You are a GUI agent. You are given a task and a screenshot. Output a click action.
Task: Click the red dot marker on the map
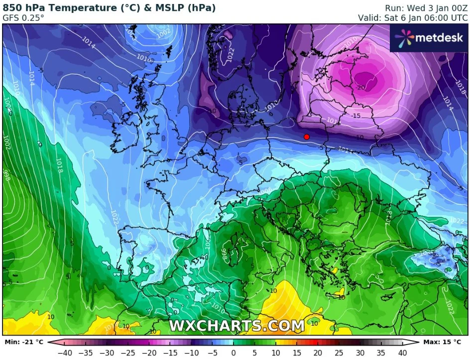pyautogui.click(x=307, y=136)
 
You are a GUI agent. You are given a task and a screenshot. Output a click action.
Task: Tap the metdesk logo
pyautogui.click(x=429, y=37)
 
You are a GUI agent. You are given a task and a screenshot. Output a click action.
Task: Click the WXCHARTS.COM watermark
pyautogui.click(x=236, y=326)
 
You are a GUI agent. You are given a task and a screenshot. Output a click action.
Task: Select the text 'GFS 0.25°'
pyautogui.click(x=23, y=18)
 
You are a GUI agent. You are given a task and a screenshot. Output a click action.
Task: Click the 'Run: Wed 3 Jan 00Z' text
pyautogui.click(x=427, y=8)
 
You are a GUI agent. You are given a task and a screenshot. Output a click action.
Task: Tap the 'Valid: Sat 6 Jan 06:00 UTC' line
pyautogui.click(x=413, y=18)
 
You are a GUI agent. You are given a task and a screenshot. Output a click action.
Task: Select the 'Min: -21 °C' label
pyautogui.click(x=23, y=342)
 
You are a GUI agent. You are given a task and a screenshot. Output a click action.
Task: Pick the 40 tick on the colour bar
pyautogui.click(x=403, y=353)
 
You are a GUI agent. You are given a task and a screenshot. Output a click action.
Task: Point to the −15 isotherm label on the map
pyautogui.click(x=355, y=116)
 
